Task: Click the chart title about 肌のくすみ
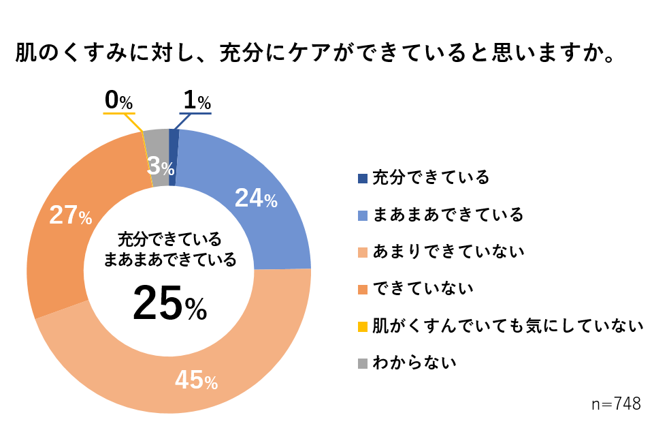pos(314,54)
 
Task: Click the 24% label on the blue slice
pos(256,198)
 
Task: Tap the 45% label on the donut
pos(196,381)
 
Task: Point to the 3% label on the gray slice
pos(161,166)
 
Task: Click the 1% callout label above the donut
pos(196,102)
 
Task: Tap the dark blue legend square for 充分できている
pos(363,179)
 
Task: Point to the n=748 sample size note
pos(616,404)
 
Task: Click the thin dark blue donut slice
pos(174,157)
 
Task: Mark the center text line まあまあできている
pos(169,259)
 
